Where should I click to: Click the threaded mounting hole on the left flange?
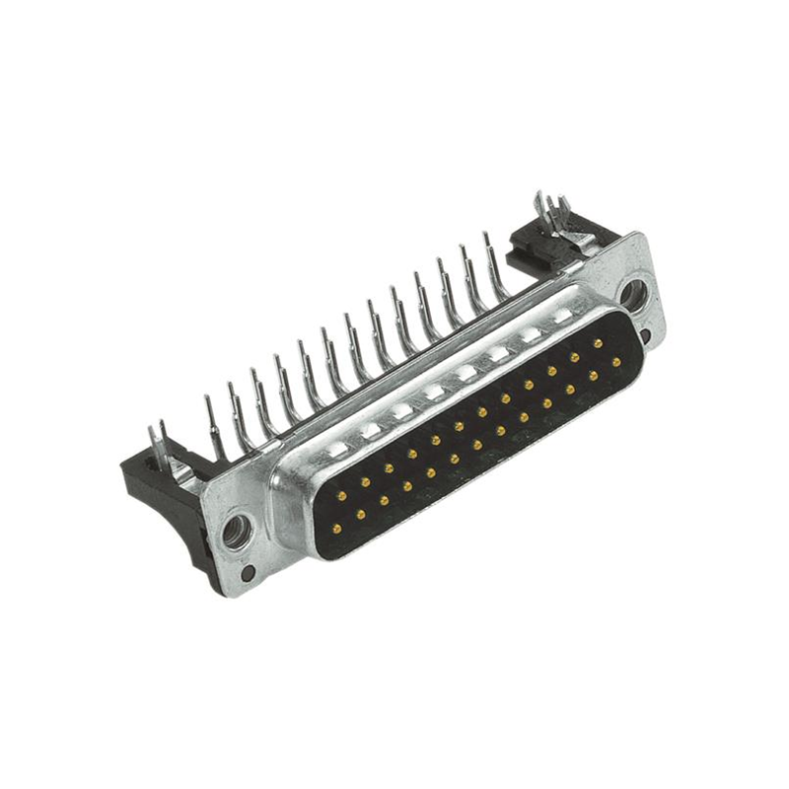coord(236,533)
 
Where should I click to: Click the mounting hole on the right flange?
coord(634,293)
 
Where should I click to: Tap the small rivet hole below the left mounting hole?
coord(249,572)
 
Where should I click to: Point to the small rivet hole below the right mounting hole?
coord(645,335)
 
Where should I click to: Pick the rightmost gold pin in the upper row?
coord(598,343)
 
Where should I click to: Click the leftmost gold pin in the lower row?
coord(336,529)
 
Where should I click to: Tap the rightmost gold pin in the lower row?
coord(616,362)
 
